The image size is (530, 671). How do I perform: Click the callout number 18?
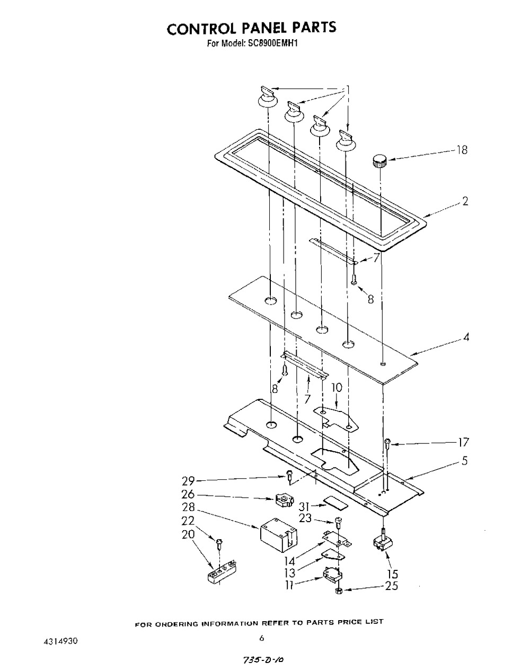(x=462, y=150)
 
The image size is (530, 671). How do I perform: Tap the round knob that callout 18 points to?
(x=379, y=160)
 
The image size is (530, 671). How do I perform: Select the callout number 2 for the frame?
(x=465, y=201)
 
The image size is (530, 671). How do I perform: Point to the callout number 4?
(x=466, y=337)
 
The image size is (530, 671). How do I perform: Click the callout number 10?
(x=337, y=388)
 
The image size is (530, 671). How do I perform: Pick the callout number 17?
(x=463, y=442)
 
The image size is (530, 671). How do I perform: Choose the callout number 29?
(x=188, y=481)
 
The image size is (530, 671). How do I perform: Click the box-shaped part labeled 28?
(x=278, y=535)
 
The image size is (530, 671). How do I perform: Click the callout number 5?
(x=465, y=461)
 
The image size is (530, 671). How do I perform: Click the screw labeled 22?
(x=219, y=544)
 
